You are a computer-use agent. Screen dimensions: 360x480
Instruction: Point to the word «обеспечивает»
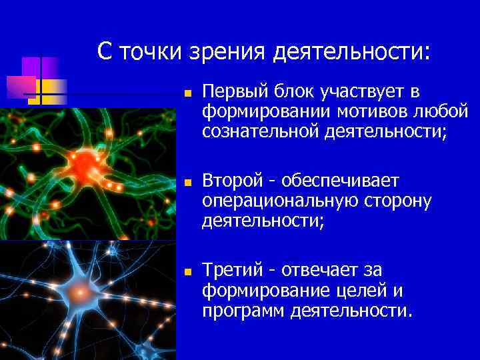340,181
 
